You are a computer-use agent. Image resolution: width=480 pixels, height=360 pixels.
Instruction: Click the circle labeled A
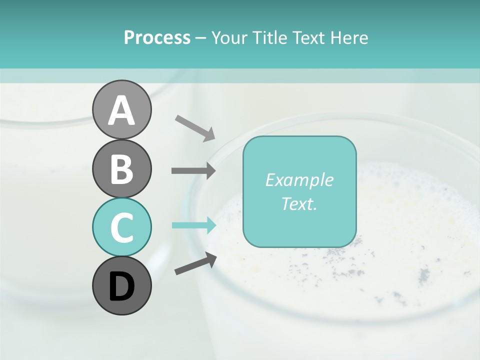point(121,109)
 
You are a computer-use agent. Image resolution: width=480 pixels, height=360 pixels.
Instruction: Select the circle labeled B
point(121,168)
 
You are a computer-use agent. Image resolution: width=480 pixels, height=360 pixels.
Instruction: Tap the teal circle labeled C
point(121,227)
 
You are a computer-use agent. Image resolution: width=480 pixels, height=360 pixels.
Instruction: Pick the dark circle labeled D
point(121,285)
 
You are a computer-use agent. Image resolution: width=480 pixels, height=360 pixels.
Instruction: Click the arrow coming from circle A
point(195,127)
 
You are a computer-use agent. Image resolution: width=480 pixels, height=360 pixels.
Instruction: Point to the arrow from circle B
point(193,170)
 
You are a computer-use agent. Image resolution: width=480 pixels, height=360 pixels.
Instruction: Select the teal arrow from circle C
point(193,225)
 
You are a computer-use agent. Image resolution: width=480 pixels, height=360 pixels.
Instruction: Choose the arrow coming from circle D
point(195,263)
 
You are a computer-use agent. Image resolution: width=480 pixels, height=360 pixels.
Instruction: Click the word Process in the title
point(157,37)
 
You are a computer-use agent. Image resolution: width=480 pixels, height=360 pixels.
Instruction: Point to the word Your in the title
point(227,37)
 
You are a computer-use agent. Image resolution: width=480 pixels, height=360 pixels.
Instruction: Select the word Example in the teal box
point(299,180)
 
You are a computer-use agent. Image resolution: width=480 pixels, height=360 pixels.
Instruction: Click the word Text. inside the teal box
point(299,203)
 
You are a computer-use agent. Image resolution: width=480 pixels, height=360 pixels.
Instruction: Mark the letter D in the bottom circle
point(121,287)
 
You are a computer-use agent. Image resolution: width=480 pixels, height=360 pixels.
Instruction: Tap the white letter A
point(121,110)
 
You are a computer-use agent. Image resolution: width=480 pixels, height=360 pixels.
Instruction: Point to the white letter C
point(121,227)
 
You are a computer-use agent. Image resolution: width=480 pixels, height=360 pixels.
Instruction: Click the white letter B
point(121,169)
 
